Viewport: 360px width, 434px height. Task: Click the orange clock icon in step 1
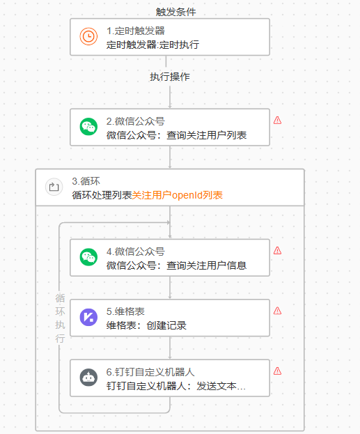click(x=88, y=36)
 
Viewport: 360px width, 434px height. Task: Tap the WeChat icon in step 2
click(x=88, y=127)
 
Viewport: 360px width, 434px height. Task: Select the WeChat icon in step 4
click(x=88, y=257)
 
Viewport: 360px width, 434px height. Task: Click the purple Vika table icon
click(x=88, y=317)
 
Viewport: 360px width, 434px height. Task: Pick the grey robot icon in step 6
click(x=88, y=378)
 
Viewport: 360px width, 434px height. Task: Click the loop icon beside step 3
click(x=54, y=187)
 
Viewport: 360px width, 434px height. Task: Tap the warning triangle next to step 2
click(x=278, y=120)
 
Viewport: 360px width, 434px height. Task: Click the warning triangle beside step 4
click(x=278, y=251)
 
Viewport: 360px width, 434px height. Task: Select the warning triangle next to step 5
click(x=278, y=311)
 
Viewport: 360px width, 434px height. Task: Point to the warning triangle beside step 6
click(x=278, y=371)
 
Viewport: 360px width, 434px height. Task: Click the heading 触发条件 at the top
click(x=176, y=12)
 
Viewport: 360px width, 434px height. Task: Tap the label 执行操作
click(x=170, y=77)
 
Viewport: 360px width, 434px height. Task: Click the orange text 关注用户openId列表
click(x=178, y=195)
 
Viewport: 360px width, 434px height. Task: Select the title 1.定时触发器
click(x=136, y=31)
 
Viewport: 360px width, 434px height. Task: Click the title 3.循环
click(x=86, y=181)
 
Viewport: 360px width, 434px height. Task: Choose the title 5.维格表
click(x=125, y=311)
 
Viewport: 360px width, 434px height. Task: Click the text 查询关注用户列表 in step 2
click(x=206, y=135)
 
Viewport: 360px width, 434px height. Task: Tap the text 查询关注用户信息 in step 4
click(x=206, y=265)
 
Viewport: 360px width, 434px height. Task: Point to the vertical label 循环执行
click(x=60, y=318)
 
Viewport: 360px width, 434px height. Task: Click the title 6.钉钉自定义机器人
click(x=150, y=372)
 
